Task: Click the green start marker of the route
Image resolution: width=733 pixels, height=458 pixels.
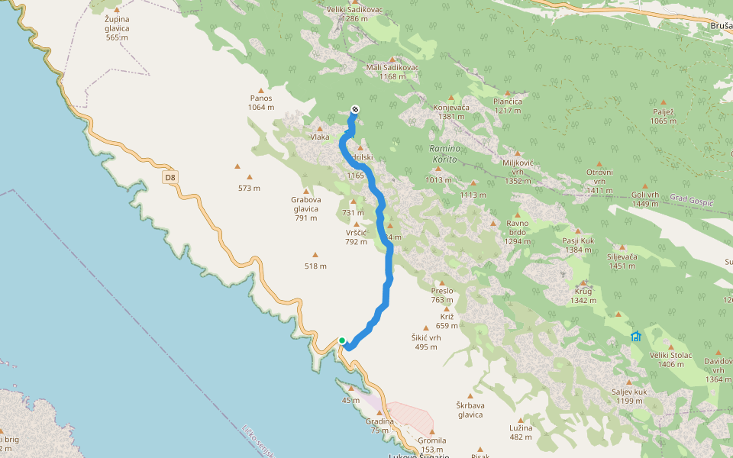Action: coord(342,340)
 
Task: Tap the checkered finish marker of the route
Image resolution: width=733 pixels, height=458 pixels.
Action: coord(354,109)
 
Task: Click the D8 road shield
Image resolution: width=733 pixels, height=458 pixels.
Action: coord(170,178)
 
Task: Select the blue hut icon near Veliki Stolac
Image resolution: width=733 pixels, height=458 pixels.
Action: coord(635,336)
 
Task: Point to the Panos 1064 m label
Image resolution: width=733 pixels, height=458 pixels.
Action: coord(261,102)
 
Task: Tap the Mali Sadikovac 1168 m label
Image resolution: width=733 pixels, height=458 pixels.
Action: coord(392,72)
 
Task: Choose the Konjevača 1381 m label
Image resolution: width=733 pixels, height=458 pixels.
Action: coord(450,111)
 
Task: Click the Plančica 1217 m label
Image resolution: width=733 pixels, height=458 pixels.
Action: coord(508,105)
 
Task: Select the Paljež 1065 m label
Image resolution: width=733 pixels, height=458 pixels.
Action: coord(663,116)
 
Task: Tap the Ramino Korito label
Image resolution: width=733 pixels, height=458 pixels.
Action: coord(443,153)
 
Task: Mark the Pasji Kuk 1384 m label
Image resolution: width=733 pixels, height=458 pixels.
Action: coord(578,245)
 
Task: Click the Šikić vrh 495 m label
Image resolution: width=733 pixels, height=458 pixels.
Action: coord(426,342)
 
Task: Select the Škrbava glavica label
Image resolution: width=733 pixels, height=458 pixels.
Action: coord(470,410)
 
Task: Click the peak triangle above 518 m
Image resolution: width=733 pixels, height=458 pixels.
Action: coord(315,256)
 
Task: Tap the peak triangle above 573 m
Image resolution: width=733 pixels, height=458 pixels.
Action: coord(238,166)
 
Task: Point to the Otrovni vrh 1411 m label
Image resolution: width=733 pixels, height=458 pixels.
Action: coord(599,176)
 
